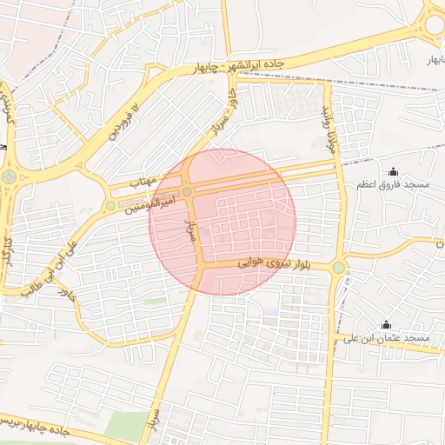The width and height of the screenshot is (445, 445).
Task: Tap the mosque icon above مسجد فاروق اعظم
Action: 392,171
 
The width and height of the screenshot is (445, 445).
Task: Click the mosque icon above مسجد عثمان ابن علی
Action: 386,324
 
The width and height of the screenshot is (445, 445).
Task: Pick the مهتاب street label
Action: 142,183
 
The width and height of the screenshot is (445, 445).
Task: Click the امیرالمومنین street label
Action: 149,203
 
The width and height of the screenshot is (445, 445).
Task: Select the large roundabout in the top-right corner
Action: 434,24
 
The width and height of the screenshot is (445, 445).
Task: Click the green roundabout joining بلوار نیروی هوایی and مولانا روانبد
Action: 338,268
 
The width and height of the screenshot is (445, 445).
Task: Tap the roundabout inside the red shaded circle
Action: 187,192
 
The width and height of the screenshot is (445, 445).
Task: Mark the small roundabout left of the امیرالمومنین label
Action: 110,206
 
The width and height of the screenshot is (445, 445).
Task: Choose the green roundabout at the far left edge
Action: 10,177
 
